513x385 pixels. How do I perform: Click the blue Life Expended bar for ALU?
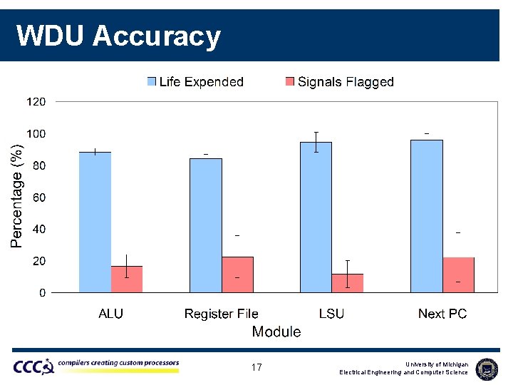(95, 222)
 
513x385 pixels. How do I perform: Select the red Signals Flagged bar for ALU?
(127, 279)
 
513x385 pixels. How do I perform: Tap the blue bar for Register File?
(206, 225)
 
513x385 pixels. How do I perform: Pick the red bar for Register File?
(237, 274)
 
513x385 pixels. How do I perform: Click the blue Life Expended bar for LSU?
(316, 217)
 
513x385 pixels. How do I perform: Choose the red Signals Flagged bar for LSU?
(348, 283)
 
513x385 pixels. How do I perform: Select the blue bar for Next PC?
(427, 216)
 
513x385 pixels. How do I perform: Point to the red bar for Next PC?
(458, 274)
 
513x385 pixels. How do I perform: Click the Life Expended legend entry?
(195, 82)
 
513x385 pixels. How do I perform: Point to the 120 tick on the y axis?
(36, 102)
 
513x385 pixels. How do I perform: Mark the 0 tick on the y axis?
(42, 292)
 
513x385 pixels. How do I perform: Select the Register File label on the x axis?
(221, 314)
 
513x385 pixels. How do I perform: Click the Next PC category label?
(442, 314)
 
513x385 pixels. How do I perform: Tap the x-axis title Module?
(276, 332)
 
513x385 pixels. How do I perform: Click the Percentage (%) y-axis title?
(16, 195)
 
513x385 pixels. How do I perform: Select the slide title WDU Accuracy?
(118, 36)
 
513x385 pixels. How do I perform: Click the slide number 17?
(256, 368)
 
